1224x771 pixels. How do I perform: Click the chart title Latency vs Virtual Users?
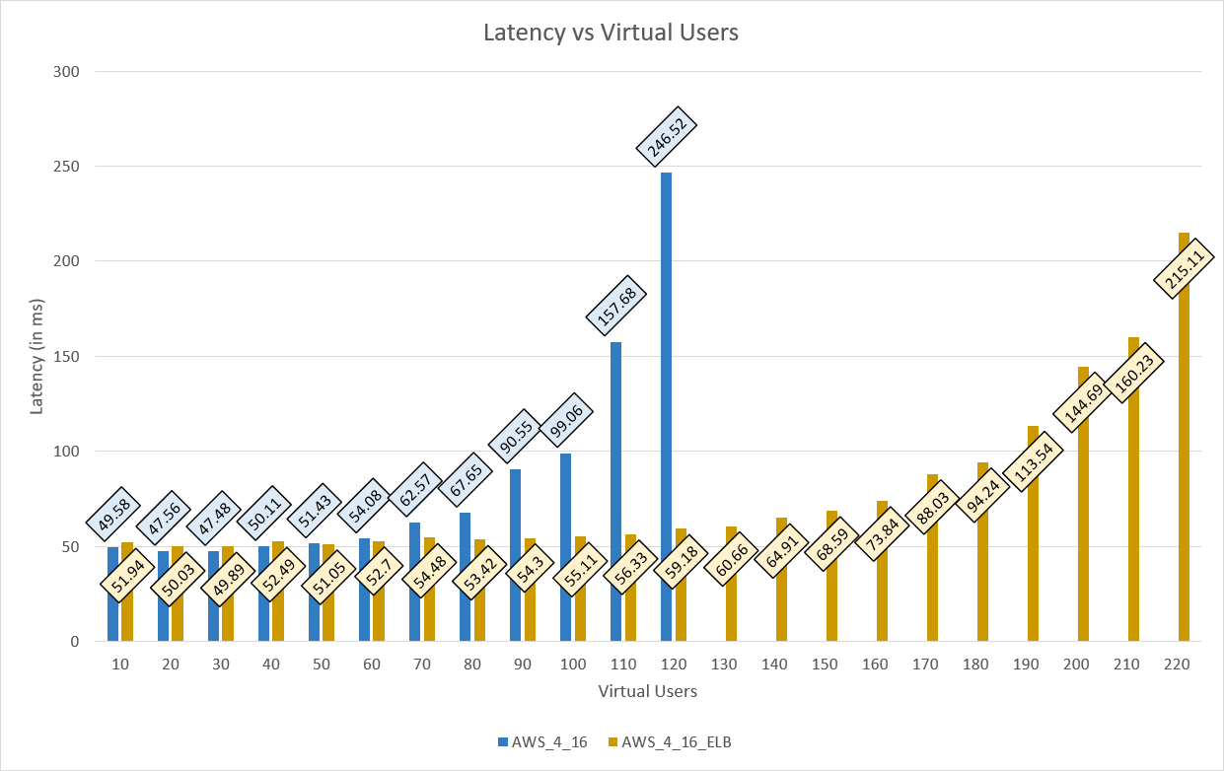(611, 33)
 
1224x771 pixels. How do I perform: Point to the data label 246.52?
(667, 134)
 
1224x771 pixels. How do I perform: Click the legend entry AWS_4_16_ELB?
(668, 742)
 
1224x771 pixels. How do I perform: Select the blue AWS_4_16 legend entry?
(542, 742)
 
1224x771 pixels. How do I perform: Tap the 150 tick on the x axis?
(826, 665)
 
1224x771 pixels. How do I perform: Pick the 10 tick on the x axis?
(120, 665)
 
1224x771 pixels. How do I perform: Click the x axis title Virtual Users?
(647, 691)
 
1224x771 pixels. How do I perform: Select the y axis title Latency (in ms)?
(37, 356)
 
